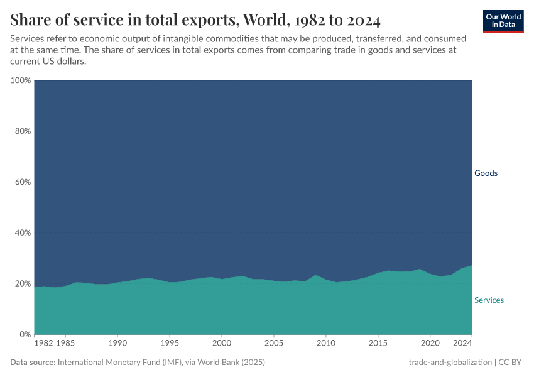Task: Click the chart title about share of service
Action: coord(195,20)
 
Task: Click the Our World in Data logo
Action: coord(503,21)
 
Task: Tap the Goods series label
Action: coord(486,173)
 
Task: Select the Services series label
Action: coord(489,300)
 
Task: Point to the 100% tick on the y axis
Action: coord(21,80)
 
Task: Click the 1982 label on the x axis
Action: coord(43,344)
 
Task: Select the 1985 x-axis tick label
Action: coord(66,344)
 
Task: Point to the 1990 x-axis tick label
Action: coord(117,344)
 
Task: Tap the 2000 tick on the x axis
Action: coord(221,344)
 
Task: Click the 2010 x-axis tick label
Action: coord(325,344)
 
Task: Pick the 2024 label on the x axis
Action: coord(462,344)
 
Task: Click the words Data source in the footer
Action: coord(33,363)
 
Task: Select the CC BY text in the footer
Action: coord(511,363)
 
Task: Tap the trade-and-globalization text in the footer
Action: coord(450,363)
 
